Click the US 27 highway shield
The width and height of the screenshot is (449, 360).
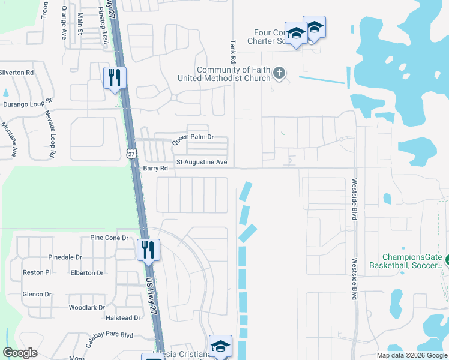pyautogui.click(x=131, y=154)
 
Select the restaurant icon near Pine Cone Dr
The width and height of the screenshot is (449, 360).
pyautogui.click(x=148, y=249)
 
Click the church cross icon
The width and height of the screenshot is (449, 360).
pyautogui.click(x=278, y=73)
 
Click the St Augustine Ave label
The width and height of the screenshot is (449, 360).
pyautogui.click(x=201, y=163)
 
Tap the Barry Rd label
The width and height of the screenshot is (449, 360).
pyautogui.click(x=150, y=169)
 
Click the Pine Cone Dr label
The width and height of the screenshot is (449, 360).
pyautogui.click(x=109, y=238)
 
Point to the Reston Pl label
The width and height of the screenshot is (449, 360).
pyautogui.click(x=37, y=272)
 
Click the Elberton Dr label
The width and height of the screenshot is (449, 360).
pyautogui.click(x=87, y=273)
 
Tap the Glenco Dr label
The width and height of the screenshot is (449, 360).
pyautogui.click(x=37, y=294)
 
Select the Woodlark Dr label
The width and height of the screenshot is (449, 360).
pyautogui.click(x=87, y=307)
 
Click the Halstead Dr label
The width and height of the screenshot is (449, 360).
pyautogui.click(x=122, y=318)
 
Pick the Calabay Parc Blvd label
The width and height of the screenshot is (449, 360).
pyautogui.click(x=112, y=335)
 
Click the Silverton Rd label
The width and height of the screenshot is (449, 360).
pyautogui.click(x=16, y=73)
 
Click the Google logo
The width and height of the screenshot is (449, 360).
pyautogui.click(x=20, y=353)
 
